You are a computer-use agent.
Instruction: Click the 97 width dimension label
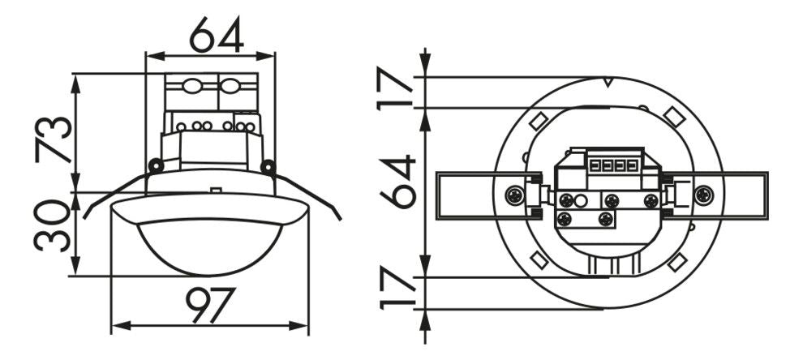[x=210, y=305]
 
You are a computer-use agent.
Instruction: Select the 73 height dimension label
[x=55, y=139]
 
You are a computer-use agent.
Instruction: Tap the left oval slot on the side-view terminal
[x=191, y=86]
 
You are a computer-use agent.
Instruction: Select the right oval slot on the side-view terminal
[x=230, y=86]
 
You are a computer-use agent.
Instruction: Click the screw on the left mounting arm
[x=514, y=195]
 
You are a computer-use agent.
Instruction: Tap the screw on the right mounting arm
[x=702, y=195]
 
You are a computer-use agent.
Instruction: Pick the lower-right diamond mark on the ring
[x=677, y=262]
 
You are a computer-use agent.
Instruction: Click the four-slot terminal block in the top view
[x=614, y=165]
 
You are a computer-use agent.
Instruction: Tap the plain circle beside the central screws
[x=581, y=200]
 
